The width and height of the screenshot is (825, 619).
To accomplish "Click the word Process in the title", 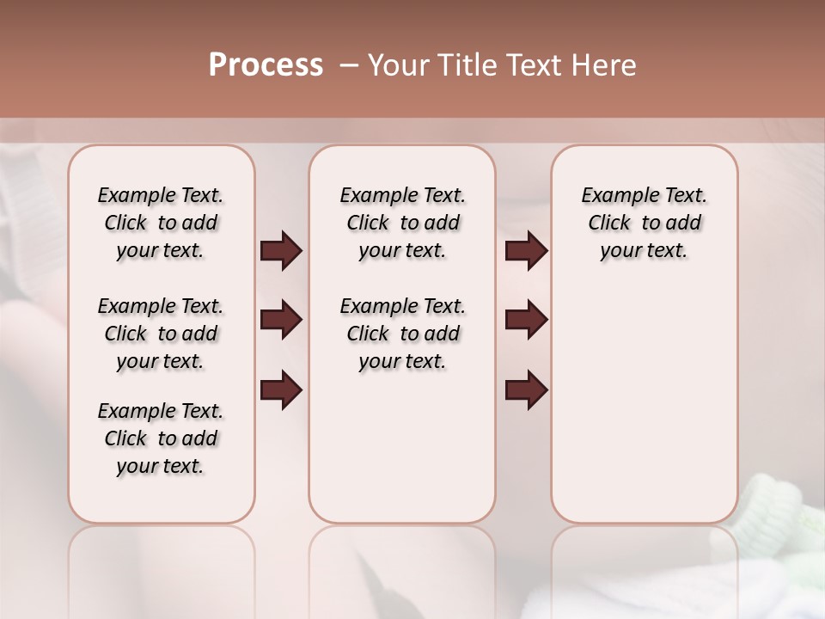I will pos(266,65).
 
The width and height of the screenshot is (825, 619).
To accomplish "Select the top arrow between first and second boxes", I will pos(281,251).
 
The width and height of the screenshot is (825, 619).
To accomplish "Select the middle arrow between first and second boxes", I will pos(281,320).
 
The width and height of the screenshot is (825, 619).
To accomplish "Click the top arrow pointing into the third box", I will pos(526,251).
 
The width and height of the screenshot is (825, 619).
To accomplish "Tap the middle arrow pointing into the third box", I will pos(526,320).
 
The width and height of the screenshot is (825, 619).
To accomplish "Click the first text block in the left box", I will pos(161,223).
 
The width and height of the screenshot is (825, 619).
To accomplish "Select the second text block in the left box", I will pos(161,334).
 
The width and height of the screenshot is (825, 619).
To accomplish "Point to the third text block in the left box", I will pos(161,438).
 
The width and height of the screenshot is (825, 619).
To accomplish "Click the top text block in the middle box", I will pos(402,223).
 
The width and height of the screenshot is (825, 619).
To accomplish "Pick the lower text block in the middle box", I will pos(402,334).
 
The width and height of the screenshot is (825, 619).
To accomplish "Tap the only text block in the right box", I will pos(644,223).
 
